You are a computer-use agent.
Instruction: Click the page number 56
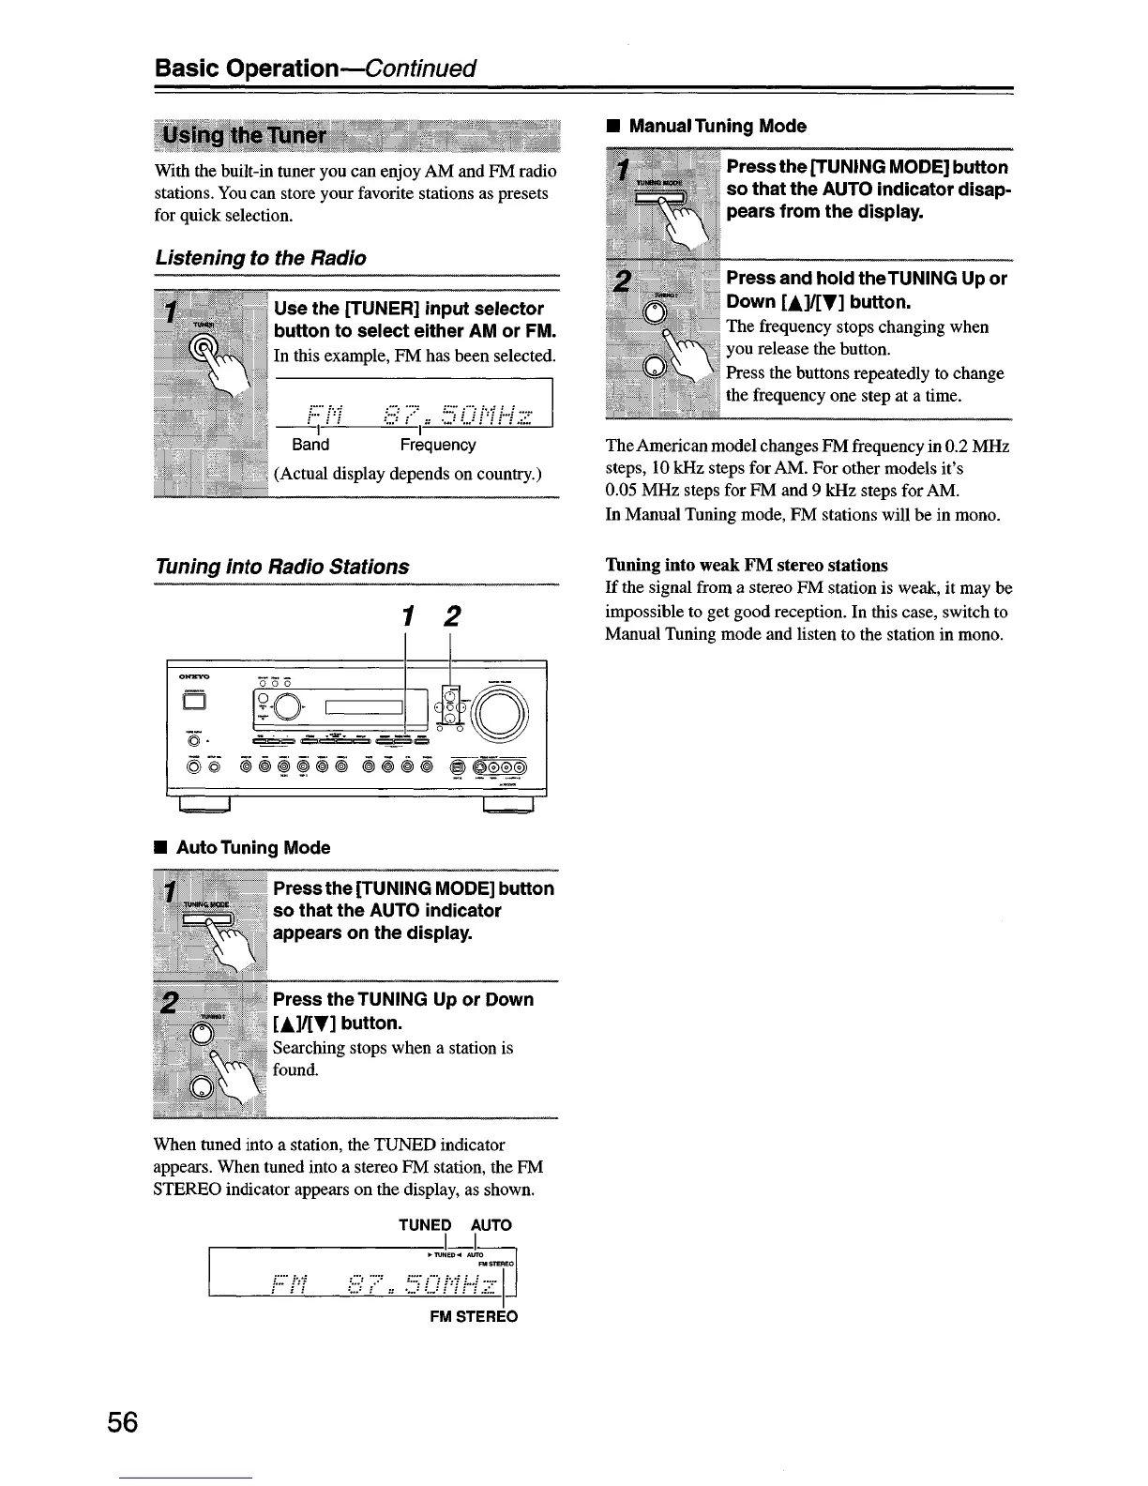pyautogui.click(x=122, y=1423)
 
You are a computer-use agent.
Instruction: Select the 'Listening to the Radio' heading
pyautogui.click(x=261, y=258)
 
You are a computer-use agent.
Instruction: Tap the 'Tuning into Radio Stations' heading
pyautogui.click(x=282, y=567)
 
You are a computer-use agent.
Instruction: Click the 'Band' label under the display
pyautogui.click(x=310, y=445)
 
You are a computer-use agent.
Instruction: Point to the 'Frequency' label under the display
pyautogui.click(x=438, y=445)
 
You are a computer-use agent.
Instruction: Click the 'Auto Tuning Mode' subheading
pyautogui.click(x=253, y=848)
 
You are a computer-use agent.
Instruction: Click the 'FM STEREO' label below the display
pyautogui.click(x=474, y=1316)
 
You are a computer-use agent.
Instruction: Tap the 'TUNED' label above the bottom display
pyautogui.click(x=425, y=1225)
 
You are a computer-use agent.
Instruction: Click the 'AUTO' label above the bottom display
pyautogui.click(x=491, y=1225)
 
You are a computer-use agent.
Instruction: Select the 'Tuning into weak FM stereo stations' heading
pyautogui.click(x=747, y=566)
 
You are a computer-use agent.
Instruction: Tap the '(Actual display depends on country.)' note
pyautogui.click(x=408, y=473)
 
